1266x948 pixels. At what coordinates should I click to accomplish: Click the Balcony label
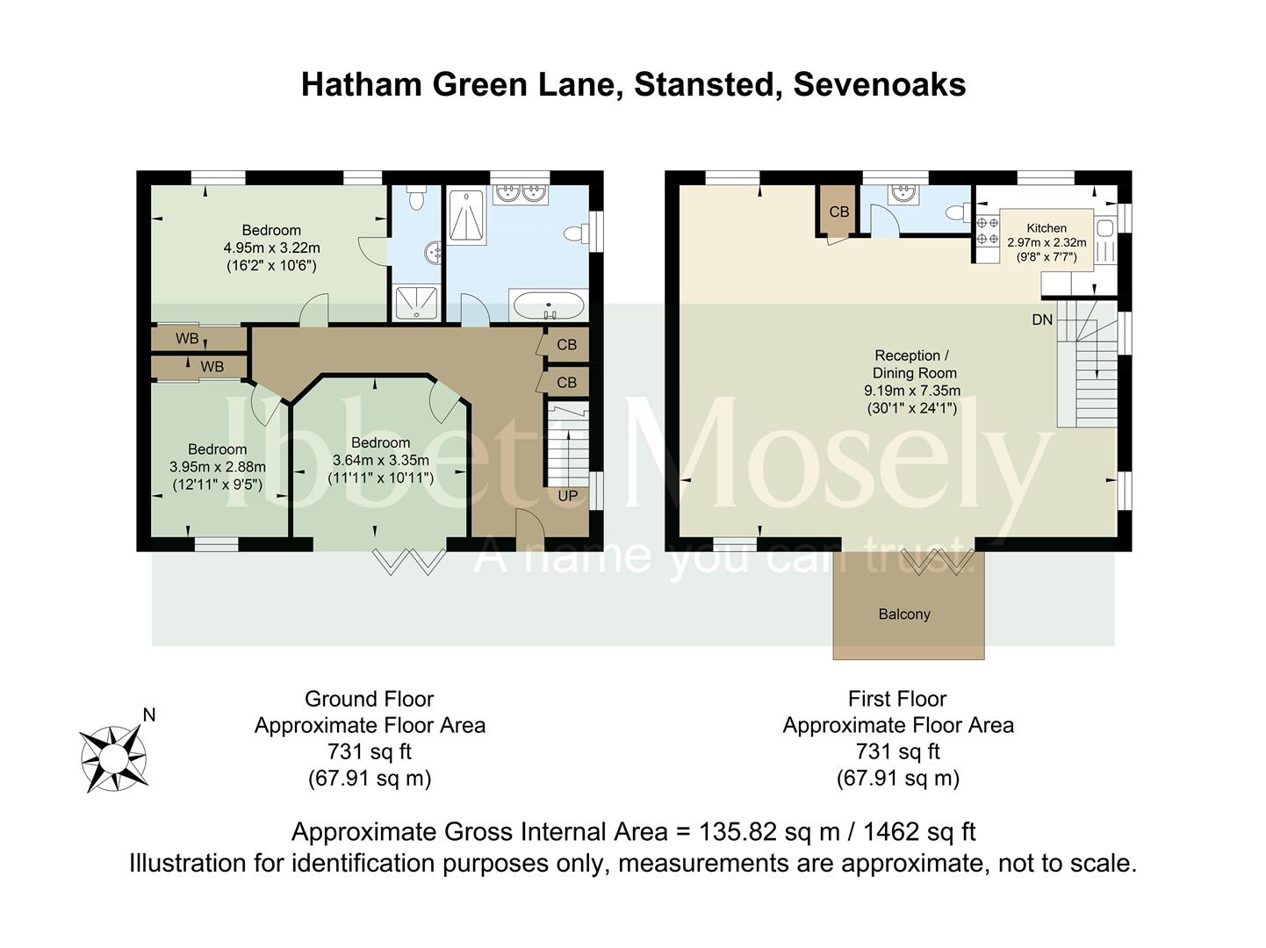point(903,614)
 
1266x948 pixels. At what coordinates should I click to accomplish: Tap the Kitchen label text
point(1047,228)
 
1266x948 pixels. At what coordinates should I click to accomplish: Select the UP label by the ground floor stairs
point(567,496)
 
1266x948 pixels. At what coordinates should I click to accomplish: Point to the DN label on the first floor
point(1042,320)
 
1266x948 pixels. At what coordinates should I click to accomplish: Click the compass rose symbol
point(113,758)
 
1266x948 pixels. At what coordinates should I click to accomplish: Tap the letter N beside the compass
point(149,715)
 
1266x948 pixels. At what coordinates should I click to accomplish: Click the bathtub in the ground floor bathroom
point(548,305)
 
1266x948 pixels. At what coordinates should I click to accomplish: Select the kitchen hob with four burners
point(988,231)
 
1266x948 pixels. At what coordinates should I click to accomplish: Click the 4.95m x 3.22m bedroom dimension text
point(271,248)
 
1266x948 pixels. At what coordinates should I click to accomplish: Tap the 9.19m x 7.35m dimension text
point(912,391)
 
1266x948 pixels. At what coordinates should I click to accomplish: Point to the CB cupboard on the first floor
point(838,212)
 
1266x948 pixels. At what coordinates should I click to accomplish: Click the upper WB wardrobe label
point(187,339)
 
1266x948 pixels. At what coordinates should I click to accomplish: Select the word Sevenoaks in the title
point(879,85)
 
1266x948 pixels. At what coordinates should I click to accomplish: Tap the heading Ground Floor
point(369,699)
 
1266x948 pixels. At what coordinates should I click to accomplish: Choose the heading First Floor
point(897,699)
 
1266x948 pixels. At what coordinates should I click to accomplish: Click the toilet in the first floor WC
point(958,212)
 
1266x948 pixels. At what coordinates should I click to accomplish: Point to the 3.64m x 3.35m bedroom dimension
point(381,460)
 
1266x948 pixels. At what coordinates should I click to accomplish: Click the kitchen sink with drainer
point(1105,241)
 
